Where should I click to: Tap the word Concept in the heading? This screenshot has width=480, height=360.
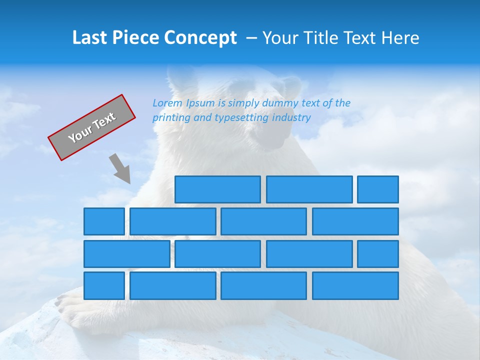point(201,38)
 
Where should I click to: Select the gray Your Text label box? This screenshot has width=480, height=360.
point(91,127)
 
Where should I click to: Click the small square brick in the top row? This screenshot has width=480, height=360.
point(378,189)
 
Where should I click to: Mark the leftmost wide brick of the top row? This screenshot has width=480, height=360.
point(217,189)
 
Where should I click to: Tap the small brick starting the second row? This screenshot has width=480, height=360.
point(104,221)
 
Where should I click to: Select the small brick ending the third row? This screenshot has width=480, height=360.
point(378,254)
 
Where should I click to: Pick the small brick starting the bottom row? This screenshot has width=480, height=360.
point(104,286)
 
